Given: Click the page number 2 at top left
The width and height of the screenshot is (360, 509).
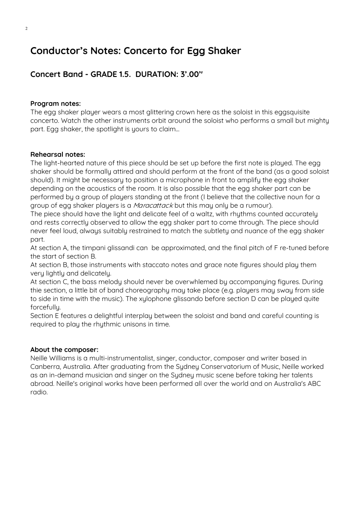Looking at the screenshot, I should tap(26, 29).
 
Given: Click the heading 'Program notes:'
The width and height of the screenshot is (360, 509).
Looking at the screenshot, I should tap(56, 103).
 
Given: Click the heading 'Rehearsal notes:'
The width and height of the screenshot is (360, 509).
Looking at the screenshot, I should tap(58, 154).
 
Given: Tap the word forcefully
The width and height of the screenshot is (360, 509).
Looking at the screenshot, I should tap(45, 307).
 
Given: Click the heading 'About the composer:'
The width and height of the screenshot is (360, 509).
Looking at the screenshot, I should tap(64, 350).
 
